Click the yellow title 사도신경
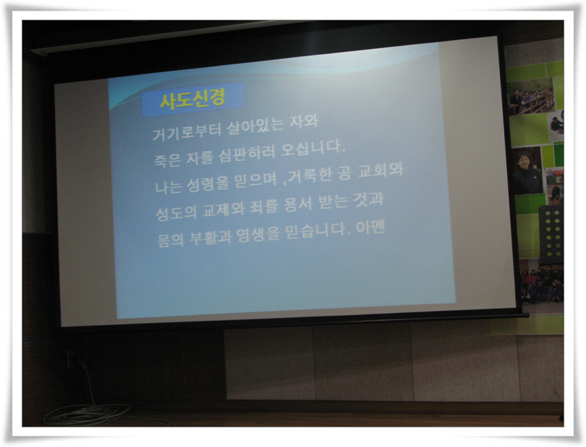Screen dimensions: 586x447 [x=193, y=99]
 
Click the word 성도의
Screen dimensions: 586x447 [x=176, y=213]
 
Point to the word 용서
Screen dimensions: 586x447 [x=298, y=205]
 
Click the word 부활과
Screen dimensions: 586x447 [x=210, y=237]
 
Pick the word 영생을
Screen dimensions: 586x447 [x=258, y=234]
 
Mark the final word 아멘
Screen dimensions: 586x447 [x=370, y=227]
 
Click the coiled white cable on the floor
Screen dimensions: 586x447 [x=88, y=414]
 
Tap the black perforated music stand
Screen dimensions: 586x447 [x=551, y=234]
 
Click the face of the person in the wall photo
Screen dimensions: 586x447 [x=522, y=160]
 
